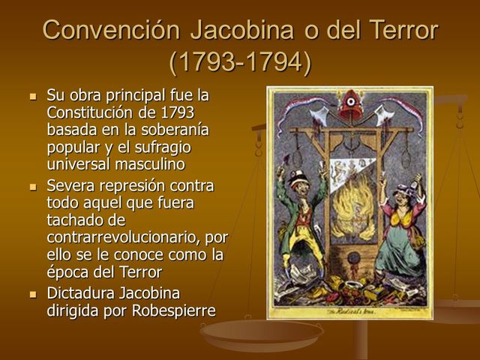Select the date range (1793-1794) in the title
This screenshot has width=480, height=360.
(240, 62)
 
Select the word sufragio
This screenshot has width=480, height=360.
(163, 147)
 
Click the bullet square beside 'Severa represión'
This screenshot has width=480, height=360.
(32, 187)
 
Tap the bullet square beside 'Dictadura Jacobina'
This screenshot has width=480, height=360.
(32, 293)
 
